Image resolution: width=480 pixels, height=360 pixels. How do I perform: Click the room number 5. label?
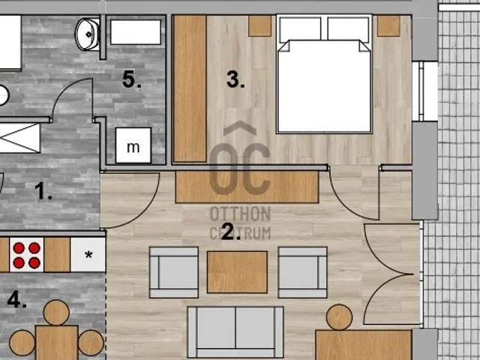(132, 79)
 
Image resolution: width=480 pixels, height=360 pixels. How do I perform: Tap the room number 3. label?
(235, 79)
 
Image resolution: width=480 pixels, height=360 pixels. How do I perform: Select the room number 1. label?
(43, 191)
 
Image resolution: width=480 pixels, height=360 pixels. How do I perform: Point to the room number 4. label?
(16, 299)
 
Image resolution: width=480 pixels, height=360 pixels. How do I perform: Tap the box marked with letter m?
(133, 145)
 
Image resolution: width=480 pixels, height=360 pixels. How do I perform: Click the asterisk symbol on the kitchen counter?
(88, 255)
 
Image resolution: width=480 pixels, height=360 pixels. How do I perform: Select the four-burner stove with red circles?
(27, 255)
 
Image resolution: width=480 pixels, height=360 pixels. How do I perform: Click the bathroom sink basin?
(88, 34)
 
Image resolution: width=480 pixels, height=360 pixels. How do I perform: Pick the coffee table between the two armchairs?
(237, 272)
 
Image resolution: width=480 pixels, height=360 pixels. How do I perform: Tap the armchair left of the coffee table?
(174, 272)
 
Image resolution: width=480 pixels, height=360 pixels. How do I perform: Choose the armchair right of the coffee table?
(302, 272)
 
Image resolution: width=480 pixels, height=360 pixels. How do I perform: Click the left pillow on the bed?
(300, 29)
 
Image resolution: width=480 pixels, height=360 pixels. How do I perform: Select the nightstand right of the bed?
(388, 26)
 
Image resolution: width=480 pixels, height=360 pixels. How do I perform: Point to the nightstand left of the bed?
(259, 26)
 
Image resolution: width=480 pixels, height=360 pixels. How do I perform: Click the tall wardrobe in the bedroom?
(190, 88)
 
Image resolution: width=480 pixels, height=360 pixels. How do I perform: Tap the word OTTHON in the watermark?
(240, 213)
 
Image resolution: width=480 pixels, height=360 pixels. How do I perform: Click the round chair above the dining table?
(56, 313)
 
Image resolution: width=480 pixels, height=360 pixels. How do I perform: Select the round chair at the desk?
(339, 317)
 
